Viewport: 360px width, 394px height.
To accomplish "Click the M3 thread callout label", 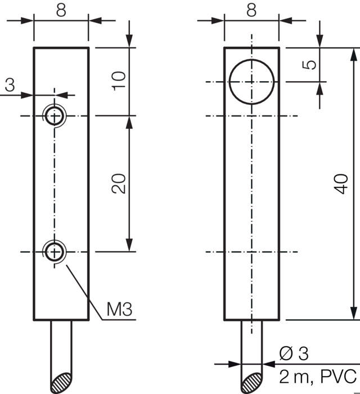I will (x=119, y=309).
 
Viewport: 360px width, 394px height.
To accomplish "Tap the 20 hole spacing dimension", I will (x=118, y=183).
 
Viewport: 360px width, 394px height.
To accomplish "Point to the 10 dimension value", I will (x=118, y=82).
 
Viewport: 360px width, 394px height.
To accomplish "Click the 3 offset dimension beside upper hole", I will (x=10, y=86).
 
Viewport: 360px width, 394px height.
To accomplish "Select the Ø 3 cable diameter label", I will (x=294, y=354).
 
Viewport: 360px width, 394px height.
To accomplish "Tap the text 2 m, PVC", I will (x=318, y=375).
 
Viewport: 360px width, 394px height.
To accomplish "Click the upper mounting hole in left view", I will (x=55, y=116).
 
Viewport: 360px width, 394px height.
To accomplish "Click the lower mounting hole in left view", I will (x=55, y=252).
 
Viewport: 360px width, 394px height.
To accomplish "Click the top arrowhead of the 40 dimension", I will (x=354, y=54).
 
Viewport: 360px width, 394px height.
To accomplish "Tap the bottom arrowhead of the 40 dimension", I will (x=354, y=314).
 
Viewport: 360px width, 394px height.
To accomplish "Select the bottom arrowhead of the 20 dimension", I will (x=130, y=245).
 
